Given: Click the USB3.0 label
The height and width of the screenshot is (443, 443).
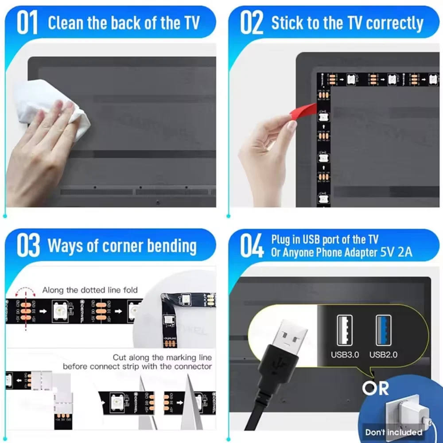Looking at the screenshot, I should pos(345,354).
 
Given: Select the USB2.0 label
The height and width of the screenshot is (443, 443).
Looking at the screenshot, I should pos(383,354).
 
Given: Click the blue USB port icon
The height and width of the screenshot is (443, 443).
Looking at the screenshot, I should pos(384,330).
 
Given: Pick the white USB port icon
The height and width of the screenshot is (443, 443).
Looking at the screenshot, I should pos(345,330).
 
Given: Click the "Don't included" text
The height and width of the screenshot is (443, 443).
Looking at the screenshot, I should pos(393,432).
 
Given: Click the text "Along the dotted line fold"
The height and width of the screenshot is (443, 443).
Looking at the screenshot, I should pos(90,290).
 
